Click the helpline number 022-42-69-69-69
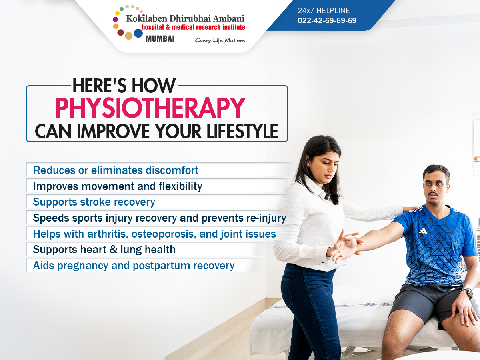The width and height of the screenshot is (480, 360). click(327, 20)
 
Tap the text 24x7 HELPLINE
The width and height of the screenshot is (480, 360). click(324, 10)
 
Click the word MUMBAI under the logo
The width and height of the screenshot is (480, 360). click(160, 39)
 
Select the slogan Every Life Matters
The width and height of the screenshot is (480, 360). click(220, 40)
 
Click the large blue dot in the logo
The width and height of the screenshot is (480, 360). click(138, 33)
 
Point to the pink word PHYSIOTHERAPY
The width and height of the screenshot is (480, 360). click(150, 108)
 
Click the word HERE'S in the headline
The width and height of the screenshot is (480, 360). click(100, 86)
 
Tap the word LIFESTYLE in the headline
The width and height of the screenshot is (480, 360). click(242, 131)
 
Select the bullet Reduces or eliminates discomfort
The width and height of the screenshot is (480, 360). click(116, 170)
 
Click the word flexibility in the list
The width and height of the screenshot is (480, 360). click(180, 186)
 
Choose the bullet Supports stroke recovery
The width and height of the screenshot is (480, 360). click(94, 202)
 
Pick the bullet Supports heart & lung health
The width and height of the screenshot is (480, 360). click(104, 250)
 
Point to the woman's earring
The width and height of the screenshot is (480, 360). click(308, 164)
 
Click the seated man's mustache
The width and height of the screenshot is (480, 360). click(434, 194)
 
